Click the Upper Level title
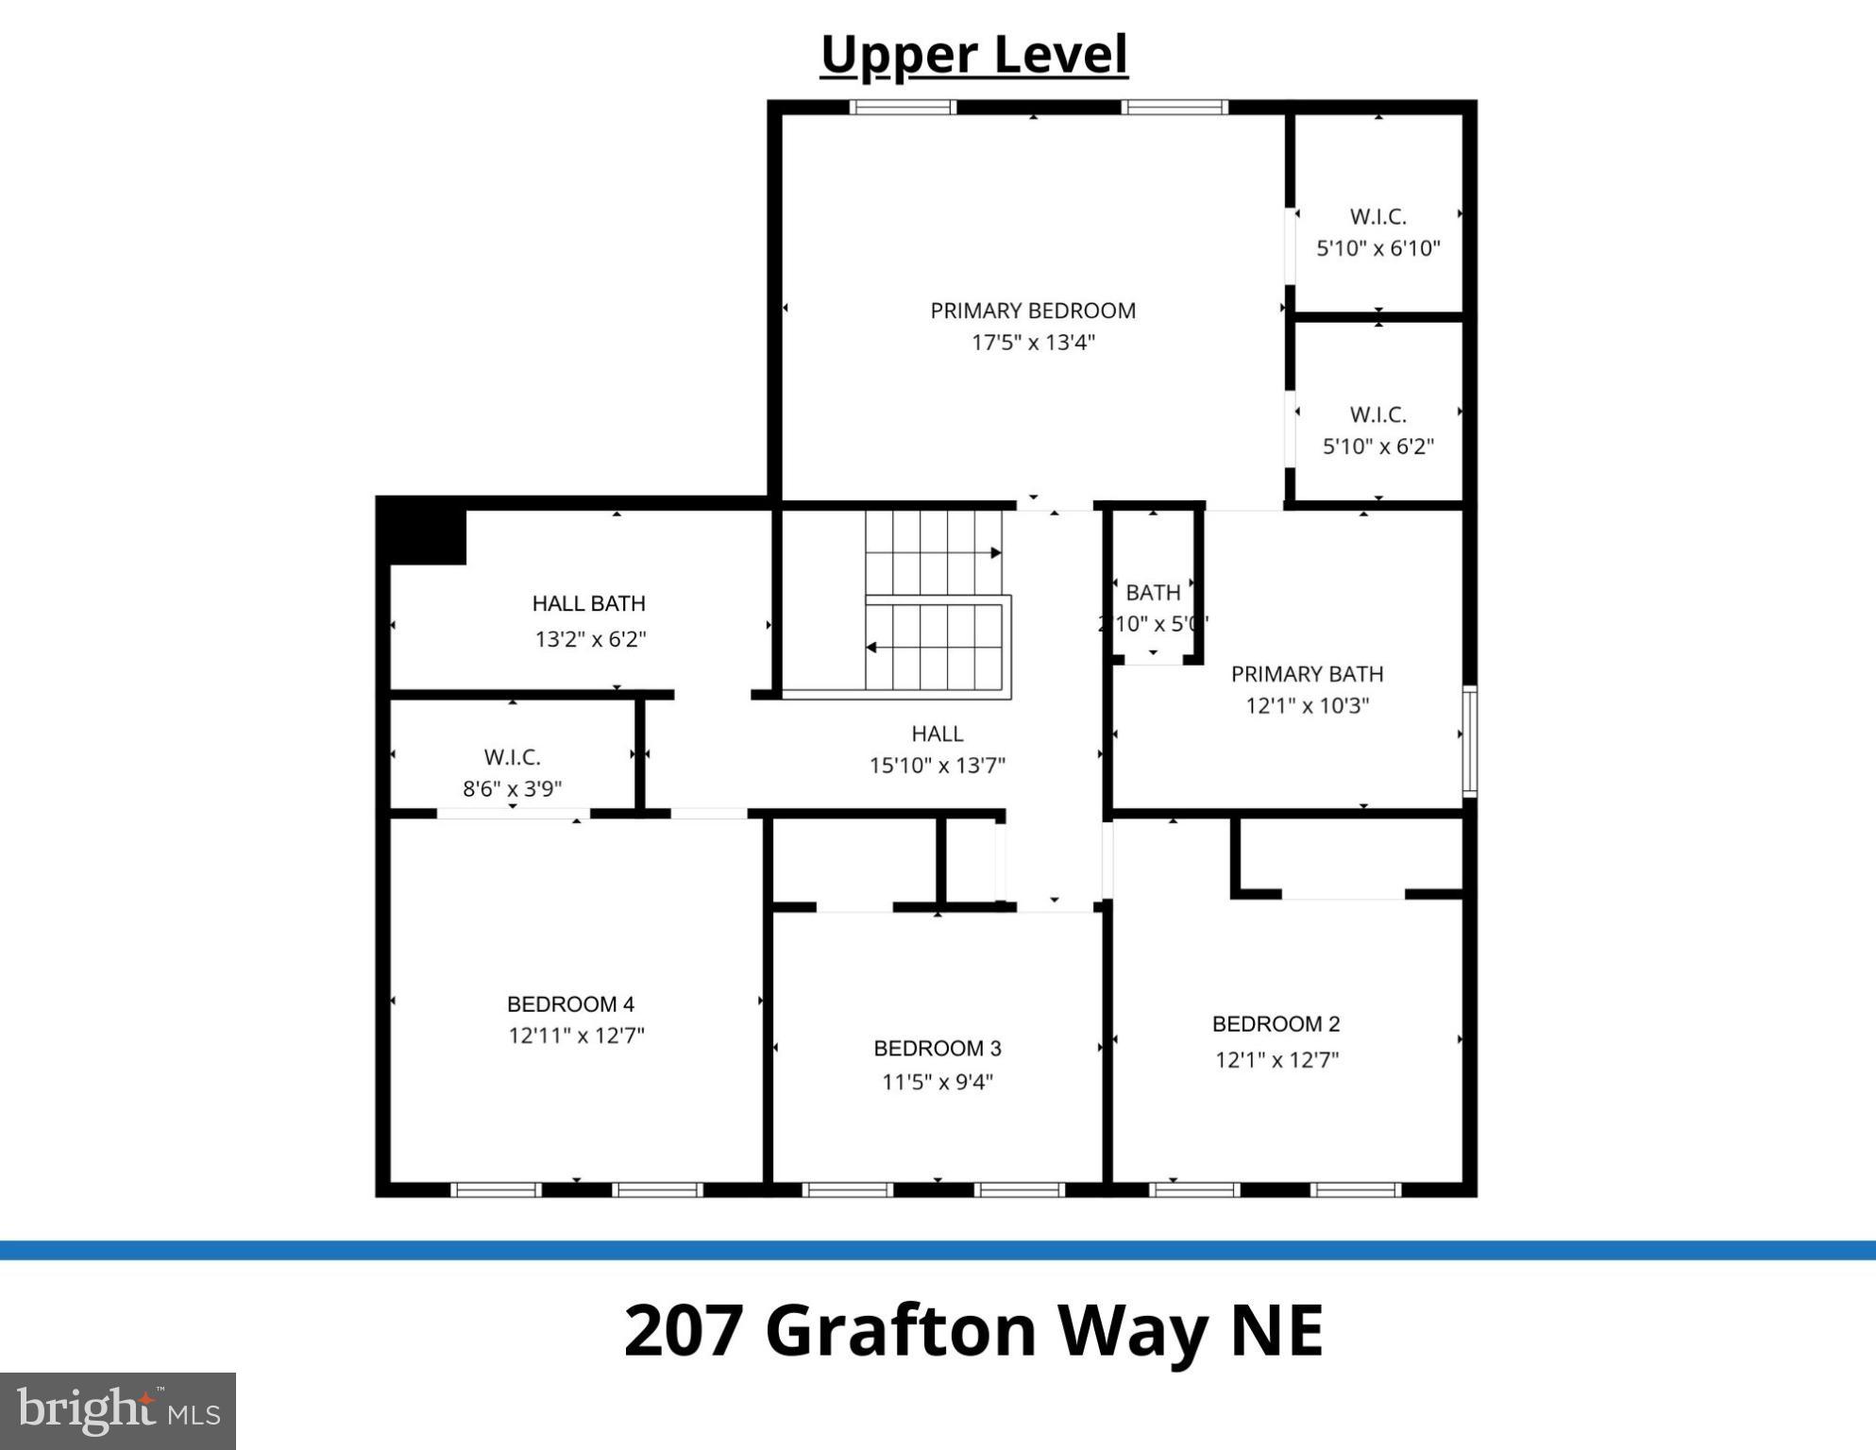pyautogui.click(x=973, y=55)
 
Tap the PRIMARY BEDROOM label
pyautogui.click(x=1033, y=311)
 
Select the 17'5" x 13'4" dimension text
pyautogui.click(x=1033, y=343)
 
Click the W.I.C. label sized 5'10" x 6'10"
pyautogui.click(x=1377, y=217)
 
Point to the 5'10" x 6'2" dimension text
pyautogui.click(x=1377, y=447)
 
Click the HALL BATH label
pyautogui.click(x=588, y=604)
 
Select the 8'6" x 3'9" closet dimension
pyautogui.click(x=512, y=789)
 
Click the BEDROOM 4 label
pyautogui.click(x=570, y=1004)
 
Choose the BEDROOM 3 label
pyautogui.click(x=937, y=1049)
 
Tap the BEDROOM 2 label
pyautogui.click(x=1276, y=1024)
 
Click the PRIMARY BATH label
pyautogui.click(x=1307, y=675)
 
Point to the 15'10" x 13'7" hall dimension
pyautogui.click(x=937, y=766)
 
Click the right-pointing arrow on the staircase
pyautogui.click(x=995, y=553)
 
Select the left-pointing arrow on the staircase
pyautogui.click(x=871, y=648)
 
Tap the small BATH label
pyautogui.click(x=1153, y=593)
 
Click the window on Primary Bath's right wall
pyautogui.click(x=1469, y=742)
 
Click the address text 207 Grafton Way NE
pyautogui.click(x=973, y=1330)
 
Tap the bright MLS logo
pyautogui.click(x=118, y=1410)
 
